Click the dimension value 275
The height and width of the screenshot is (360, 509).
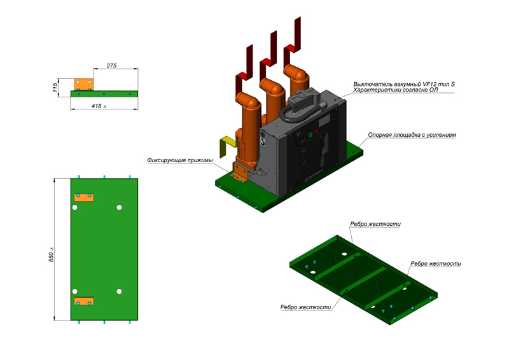coord(111,66)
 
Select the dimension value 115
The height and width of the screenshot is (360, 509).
coord(55,87)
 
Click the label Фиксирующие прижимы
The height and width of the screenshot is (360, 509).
coord(180,160)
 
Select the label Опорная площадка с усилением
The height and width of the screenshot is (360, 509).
coord(412,135)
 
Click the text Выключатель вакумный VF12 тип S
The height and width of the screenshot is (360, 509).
coord(404,84)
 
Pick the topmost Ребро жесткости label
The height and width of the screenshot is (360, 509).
coord(375,224)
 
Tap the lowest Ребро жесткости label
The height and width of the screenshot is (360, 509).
coord(305,307)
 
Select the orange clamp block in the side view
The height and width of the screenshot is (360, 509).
coord(84,85)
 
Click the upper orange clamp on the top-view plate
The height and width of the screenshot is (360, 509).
coord(84,198)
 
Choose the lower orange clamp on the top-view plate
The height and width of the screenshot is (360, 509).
coord(84,301)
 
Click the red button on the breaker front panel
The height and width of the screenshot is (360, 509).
coord(316,132)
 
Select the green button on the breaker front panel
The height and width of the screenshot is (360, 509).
coord(310,134)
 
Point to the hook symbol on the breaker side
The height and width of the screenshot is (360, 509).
coord(263,141)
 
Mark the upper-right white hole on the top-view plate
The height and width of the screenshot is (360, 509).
coord(119,207)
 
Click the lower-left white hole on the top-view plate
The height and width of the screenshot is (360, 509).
coord(74,291)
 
